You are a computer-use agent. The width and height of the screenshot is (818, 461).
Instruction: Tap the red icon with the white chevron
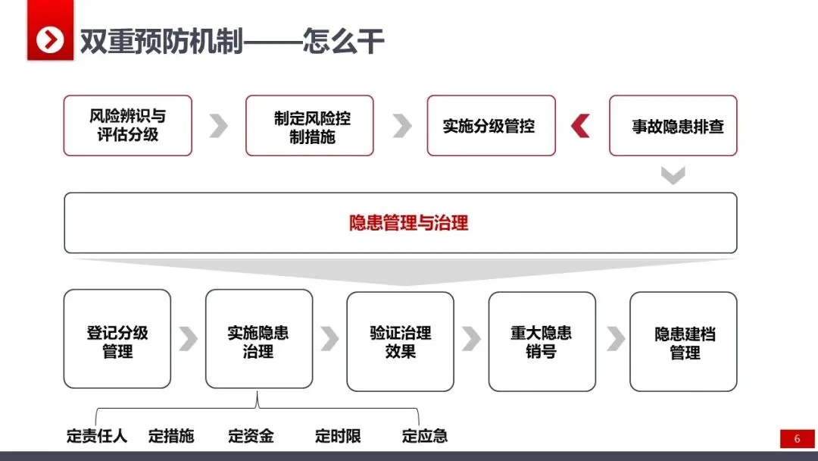[x=50, y=39]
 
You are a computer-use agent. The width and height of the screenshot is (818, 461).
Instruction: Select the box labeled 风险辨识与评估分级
[x=127, y=126]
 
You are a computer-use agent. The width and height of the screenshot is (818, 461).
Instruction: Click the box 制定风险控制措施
[x=309, y=126]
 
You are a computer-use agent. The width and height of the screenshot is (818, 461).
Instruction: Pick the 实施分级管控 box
[x=491, y=126]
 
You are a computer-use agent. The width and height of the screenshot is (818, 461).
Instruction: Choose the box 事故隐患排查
[x=673, y=126]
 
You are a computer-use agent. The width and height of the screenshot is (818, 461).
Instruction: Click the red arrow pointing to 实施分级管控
[x=581, y=126]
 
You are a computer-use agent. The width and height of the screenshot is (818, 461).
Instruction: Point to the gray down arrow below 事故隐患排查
[x=673, y=175]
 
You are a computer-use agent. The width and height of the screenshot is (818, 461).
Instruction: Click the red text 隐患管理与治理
[x=409, y=223]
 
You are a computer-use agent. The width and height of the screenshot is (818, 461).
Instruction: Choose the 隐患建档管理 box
[x=683, y=341]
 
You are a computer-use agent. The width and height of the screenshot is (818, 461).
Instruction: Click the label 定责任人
[x=96, y=436]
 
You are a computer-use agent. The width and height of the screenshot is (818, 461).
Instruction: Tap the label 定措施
[x=171, y=436]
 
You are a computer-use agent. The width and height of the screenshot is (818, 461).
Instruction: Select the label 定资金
[x=251, y=436]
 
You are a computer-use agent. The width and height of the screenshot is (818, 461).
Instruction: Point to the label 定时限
[x=338, y=436]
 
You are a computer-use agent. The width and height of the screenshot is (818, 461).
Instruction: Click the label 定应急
[x=424, y=436]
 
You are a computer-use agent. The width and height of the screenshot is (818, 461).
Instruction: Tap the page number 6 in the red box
[x=797, y=438]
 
